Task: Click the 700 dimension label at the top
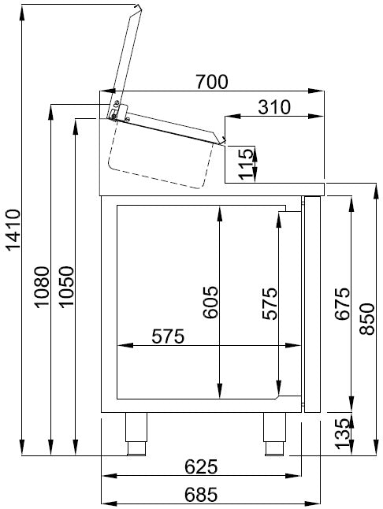tap(212, 80)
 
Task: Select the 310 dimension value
tap(273, 106)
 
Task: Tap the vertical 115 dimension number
tap(247, 164)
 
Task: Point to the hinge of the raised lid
tap(116, 110)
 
